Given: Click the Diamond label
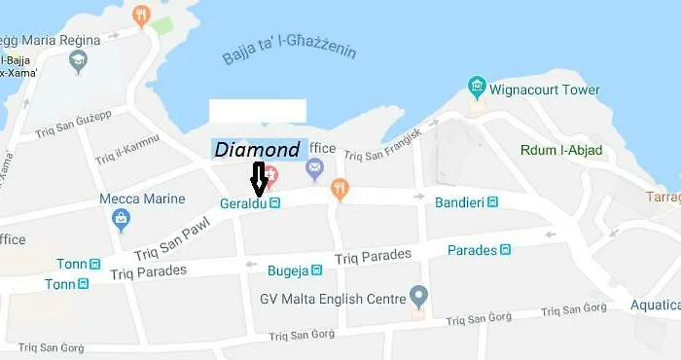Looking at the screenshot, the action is click(x=258, y=150).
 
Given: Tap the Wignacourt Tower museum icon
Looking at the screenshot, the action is click(x=477, y=88).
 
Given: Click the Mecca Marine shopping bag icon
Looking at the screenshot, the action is click(x=119, y=219).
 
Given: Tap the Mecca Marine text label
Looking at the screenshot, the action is click(x=142, y=199).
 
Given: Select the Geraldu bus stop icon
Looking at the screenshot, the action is click(x=275, y=203).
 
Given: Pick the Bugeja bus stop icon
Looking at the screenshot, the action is click(x=316, y=270).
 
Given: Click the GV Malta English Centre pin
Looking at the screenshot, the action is click(x=418, y=294).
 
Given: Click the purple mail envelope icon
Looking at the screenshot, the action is click(x=314, y=170).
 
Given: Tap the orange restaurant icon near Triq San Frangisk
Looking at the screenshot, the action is click(x=340, y=188).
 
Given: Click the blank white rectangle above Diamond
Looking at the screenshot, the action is click(x=259, y=110).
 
